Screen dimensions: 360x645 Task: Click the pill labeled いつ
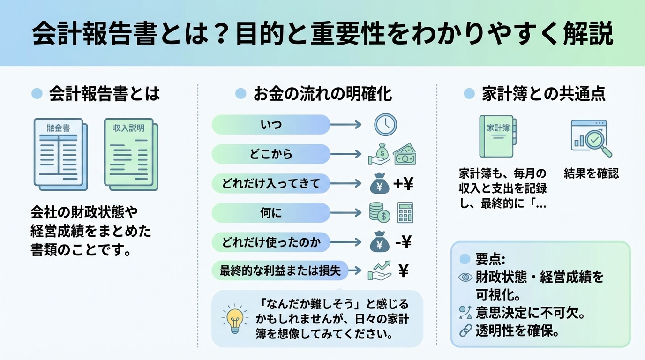coord(271,125)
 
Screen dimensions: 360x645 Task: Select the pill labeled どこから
coord(271,154)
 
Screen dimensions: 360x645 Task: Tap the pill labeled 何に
coord(271,213)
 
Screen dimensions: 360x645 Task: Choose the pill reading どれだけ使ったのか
coord(271,242)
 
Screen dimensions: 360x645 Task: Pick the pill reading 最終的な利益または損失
coord(280,270)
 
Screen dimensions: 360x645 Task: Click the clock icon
coord(385,125)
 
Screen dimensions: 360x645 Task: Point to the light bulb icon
coord(234,318)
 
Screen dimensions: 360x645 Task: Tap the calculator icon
coord(405,213)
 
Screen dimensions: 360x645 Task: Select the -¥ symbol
coord(403,242)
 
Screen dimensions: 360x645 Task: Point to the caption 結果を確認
coord(591,174)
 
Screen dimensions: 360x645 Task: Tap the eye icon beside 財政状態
coord(465,277)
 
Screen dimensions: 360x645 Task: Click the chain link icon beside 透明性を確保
coord(465,331)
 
